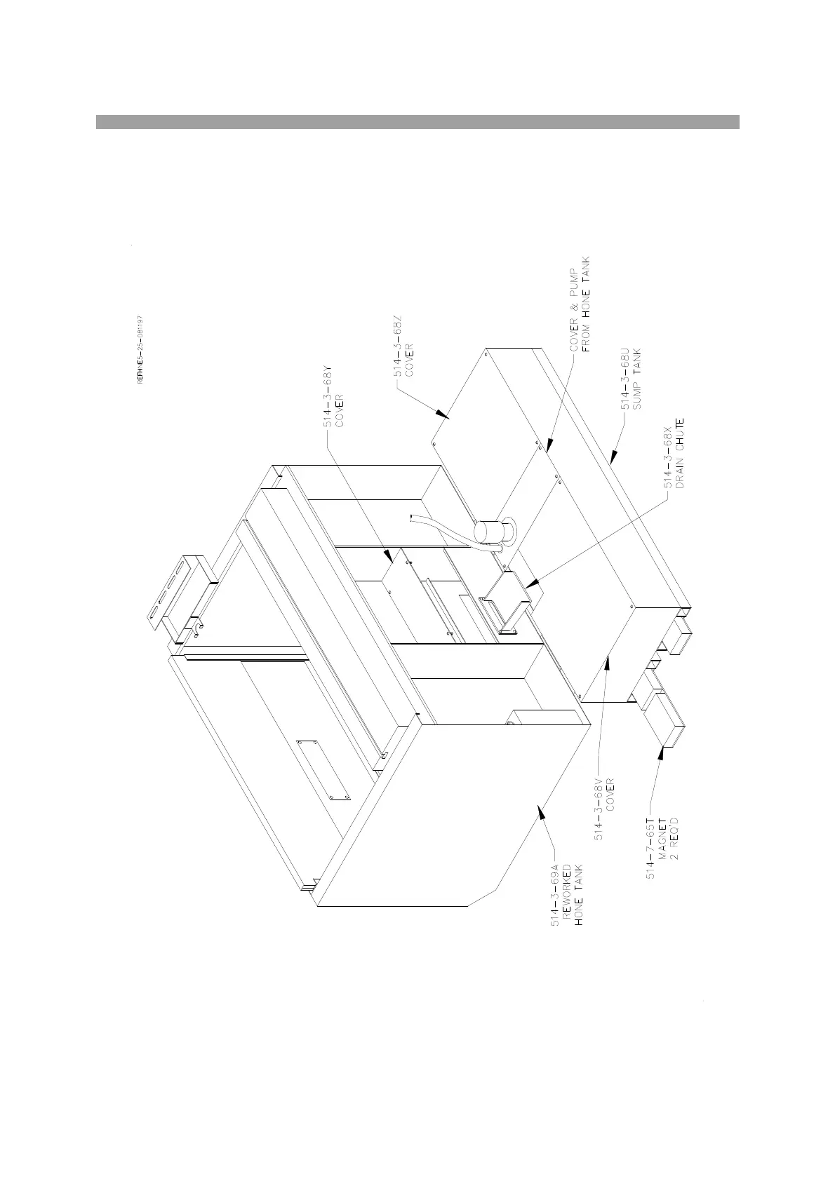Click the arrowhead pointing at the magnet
(x=661, y=753)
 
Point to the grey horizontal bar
(x=417, y=122)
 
